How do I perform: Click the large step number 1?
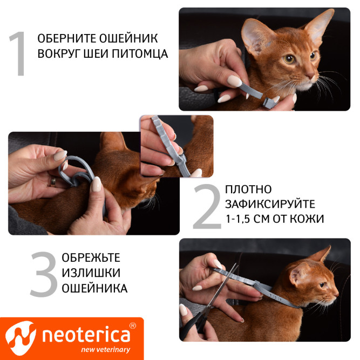point(18,54)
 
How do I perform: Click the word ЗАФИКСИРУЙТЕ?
point(270,205)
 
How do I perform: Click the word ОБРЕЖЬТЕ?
point(91,257)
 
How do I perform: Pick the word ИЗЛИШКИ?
point(91,273)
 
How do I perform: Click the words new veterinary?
point(105,350)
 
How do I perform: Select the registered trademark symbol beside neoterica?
point(133,327)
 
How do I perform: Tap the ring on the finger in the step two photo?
point(54,181)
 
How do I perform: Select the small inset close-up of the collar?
point(176,146)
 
